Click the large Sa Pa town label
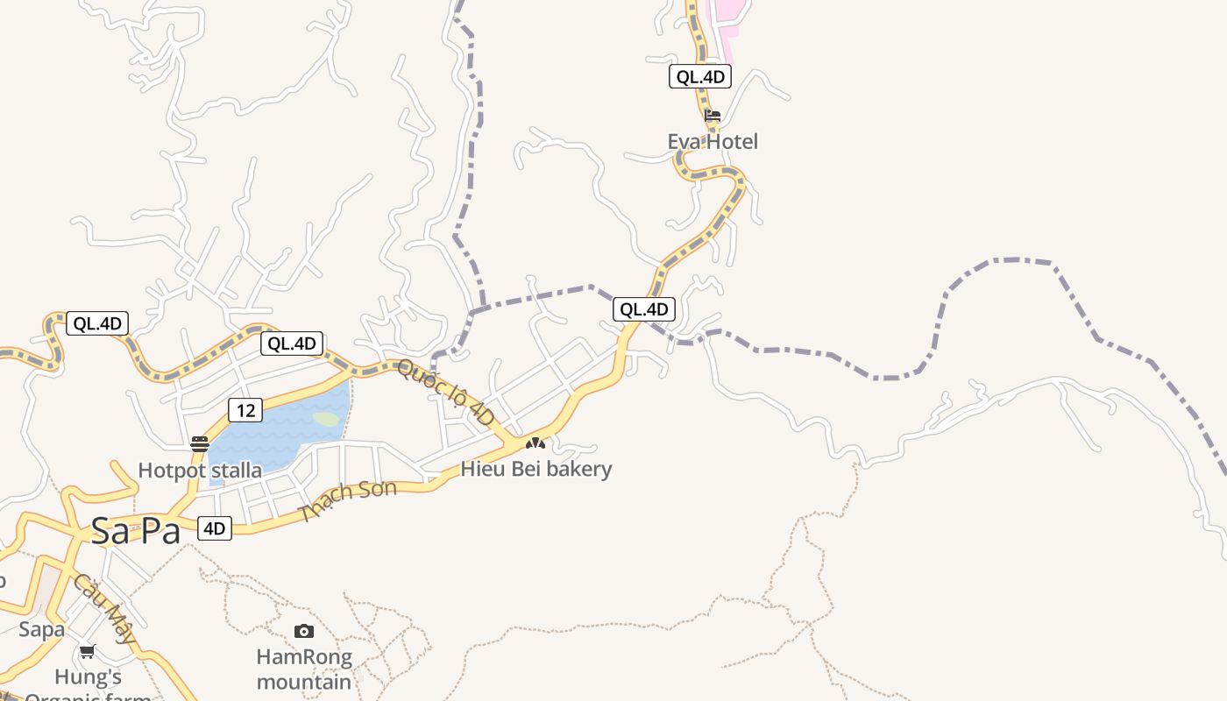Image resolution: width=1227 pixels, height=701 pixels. pos(136,530)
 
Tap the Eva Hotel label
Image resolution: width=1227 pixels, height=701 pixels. pos(713,141)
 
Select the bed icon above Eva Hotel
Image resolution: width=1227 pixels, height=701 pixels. pos(713,116)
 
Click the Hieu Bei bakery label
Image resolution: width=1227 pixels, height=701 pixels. pos(536,469)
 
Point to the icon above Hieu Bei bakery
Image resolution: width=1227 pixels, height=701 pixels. pos(535,443)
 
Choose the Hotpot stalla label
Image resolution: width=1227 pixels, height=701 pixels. pos(200,471)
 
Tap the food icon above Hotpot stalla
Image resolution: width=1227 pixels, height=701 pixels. pos(200,443)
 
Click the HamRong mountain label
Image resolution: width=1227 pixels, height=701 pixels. pos(304,669)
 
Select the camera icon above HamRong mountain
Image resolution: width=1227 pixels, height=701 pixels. pos(304,631)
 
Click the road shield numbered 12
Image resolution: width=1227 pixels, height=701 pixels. pos(245,409)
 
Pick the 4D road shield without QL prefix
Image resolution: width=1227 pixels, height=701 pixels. pos(215,528)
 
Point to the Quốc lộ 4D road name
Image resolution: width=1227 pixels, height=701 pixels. pos(446,393)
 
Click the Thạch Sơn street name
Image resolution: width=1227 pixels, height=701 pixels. pos(348,502)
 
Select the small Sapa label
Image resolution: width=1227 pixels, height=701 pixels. pos(42,629)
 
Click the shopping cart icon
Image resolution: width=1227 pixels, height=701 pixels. pos(87,651)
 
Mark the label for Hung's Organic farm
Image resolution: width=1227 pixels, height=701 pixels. pos(88,683)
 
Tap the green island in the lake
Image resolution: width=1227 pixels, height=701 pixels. pos(326,419)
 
